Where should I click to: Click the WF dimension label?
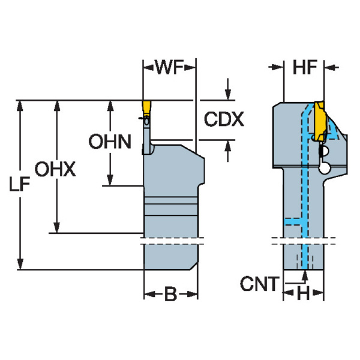pyautogui.click(x=169, y=67)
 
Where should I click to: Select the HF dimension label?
pyautogui.click(x=305, y=67)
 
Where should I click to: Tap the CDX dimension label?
pyautogui.click(x=224, y=119)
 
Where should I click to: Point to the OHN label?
pyautogui.click(x=110, y=142)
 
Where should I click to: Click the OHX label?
pyautogui.click(x=55, y=169)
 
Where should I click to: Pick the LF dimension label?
pyautogui.click(x=20, y=184)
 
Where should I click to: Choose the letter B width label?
pyautogui.click(x=171, y=294)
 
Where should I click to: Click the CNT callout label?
pyautogui.click(x=259, y=284)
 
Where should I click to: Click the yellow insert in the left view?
pyautogui.click(x=147, y=109)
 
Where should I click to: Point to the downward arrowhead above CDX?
pyautogui.click(x=228, y=94)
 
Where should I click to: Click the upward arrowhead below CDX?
pyautogui.click(x=228, y=146)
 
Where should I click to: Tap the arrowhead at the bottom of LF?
pyautogui.click(x=20, y=263)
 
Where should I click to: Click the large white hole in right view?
pyautogui.click(x=325, y=169)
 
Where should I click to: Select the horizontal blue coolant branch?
pyautogui.click(x=293, y=221)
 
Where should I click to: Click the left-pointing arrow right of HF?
pyautogui.click(x=332, y=67)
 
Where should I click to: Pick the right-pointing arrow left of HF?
pyautogui.click(x=276, y=67)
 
